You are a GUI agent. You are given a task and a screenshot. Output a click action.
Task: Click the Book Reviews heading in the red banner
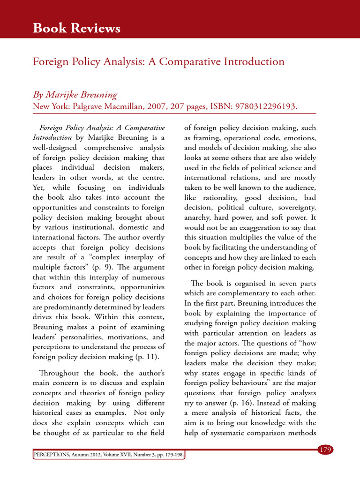coord(76,29)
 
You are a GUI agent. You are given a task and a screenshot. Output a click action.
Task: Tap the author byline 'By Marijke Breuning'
coord(75,95)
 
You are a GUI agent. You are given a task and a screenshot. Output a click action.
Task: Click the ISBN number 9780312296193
coord(261,106)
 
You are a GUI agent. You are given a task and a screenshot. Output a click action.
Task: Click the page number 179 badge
coord(325,450)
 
